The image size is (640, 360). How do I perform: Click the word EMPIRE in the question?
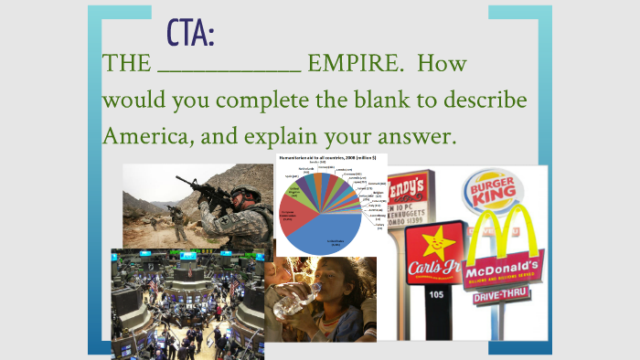click(x=353, y=66)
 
